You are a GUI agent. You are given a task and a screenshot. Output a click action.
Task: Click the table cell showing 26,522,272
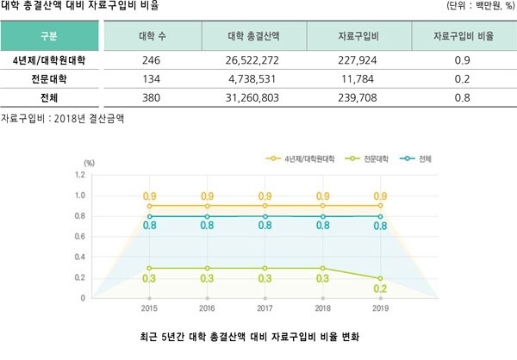(257, 61)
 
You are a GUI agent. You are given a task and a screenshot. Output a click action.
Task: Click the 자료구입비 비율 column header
(461, 37)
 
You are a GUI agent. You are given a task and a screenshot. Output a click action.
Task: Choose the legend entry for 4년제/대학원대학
(309, 159)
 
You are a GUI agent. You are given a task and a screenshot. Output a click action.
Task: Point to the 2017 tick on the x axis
(265, 307)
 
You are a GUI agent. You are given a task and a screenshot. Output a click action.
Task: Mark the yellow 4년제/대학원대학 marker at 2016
(207, 206)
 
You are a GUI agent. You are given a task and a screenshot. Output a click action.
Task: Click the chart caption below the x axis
(254, 335)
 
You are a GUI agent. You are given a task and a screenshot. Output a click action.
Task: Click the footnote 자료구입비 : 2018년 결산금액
(63, 117)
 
